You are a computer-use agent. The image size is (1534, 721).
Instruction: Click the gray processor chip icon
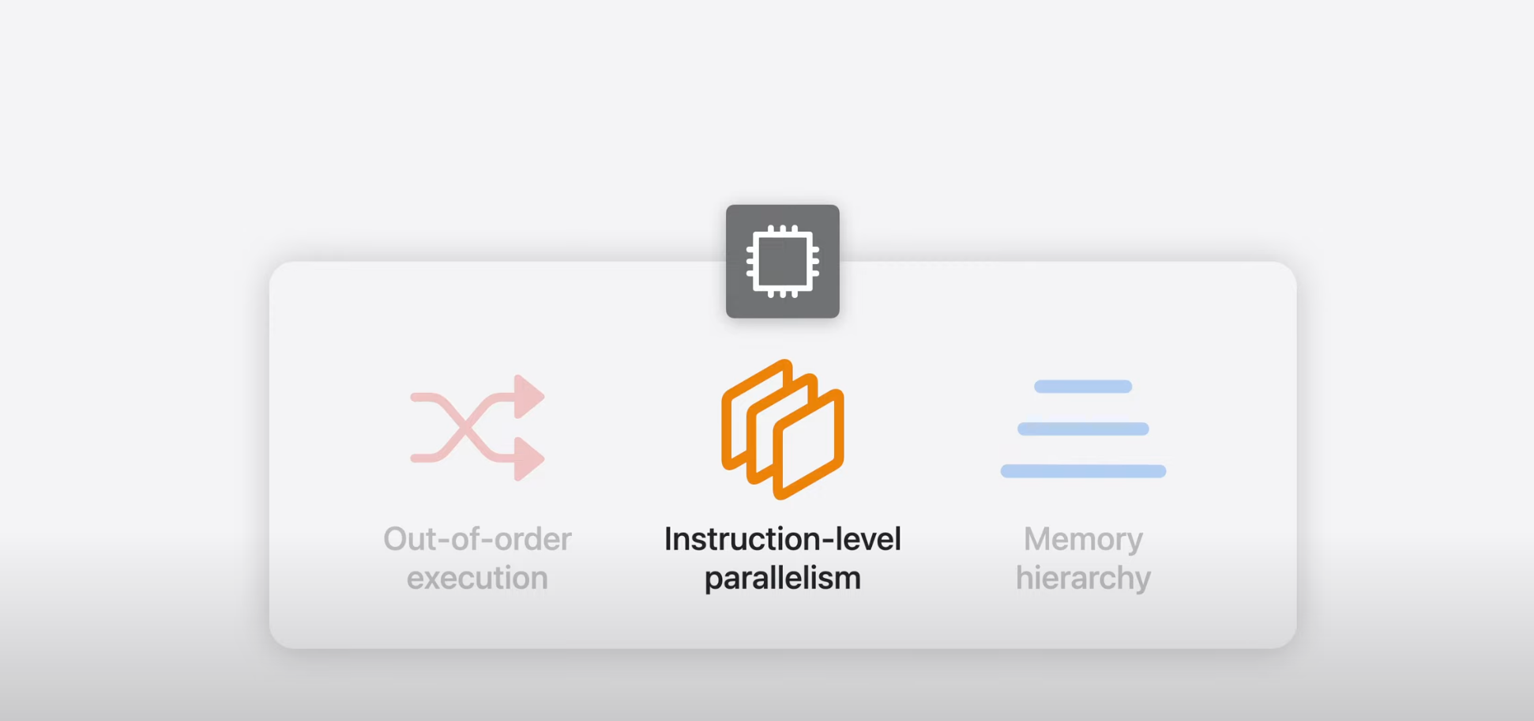pyautogui.click(x=782, y=262)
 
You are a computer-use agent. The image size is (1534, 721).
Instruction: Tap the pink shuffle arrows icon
pyautogui.click(x=477, y=428)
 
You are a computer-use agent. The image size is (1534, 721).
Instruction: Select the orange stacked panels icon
pyautogui.click(x=782, y=429)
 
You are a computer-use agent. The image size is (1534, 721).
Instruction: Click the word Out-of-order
pyautogui.click(x=477, y=539)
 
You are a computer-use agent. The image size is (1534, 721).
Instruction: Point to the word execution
pyautogui.click(x=477, y=578)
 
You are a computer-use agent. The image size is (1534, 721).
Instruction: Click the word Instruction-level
pyautogui.click(x=782, y=539)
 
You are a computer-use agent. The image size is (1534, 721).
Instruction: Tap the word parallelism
pyautogui.click(x=782, y=578)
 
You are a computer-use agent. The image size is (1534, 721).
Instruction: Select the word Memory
pyautogui.click(x=1083, y=539)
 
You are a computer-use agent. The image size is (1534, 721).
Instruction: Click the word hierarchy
pyautogui.click(x=1083, y=578)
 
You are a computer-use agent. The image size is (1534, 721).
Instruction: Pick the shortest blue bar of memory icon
pyautogui.click(x=1083, y=387)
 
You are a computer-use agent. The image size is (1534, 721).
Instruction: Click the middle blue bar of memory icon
pyautogui.click(x=1083, y=429)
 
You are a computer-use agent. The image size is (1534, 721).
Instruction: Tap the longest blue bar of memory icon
pyautogui.click(x=1083, y=471)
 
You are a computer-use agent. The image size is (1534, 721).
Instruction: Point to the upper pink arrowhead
pyautogui.click(x=528, y=396)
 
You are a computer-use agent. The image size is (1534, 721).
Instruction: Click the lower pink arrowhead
pyautogui.click(x=528, y=459)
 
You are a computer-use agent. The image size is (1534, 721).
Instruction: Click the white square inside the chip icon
pyautogui.click(x=782, y=262)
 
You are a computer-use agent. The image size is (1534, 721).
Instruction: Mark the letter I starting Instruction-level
pyautogui.click(x=668, y=539)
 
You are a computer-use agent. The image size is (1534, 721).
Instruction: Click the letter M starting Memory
pyautogui.click(x=1037, y=539)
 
